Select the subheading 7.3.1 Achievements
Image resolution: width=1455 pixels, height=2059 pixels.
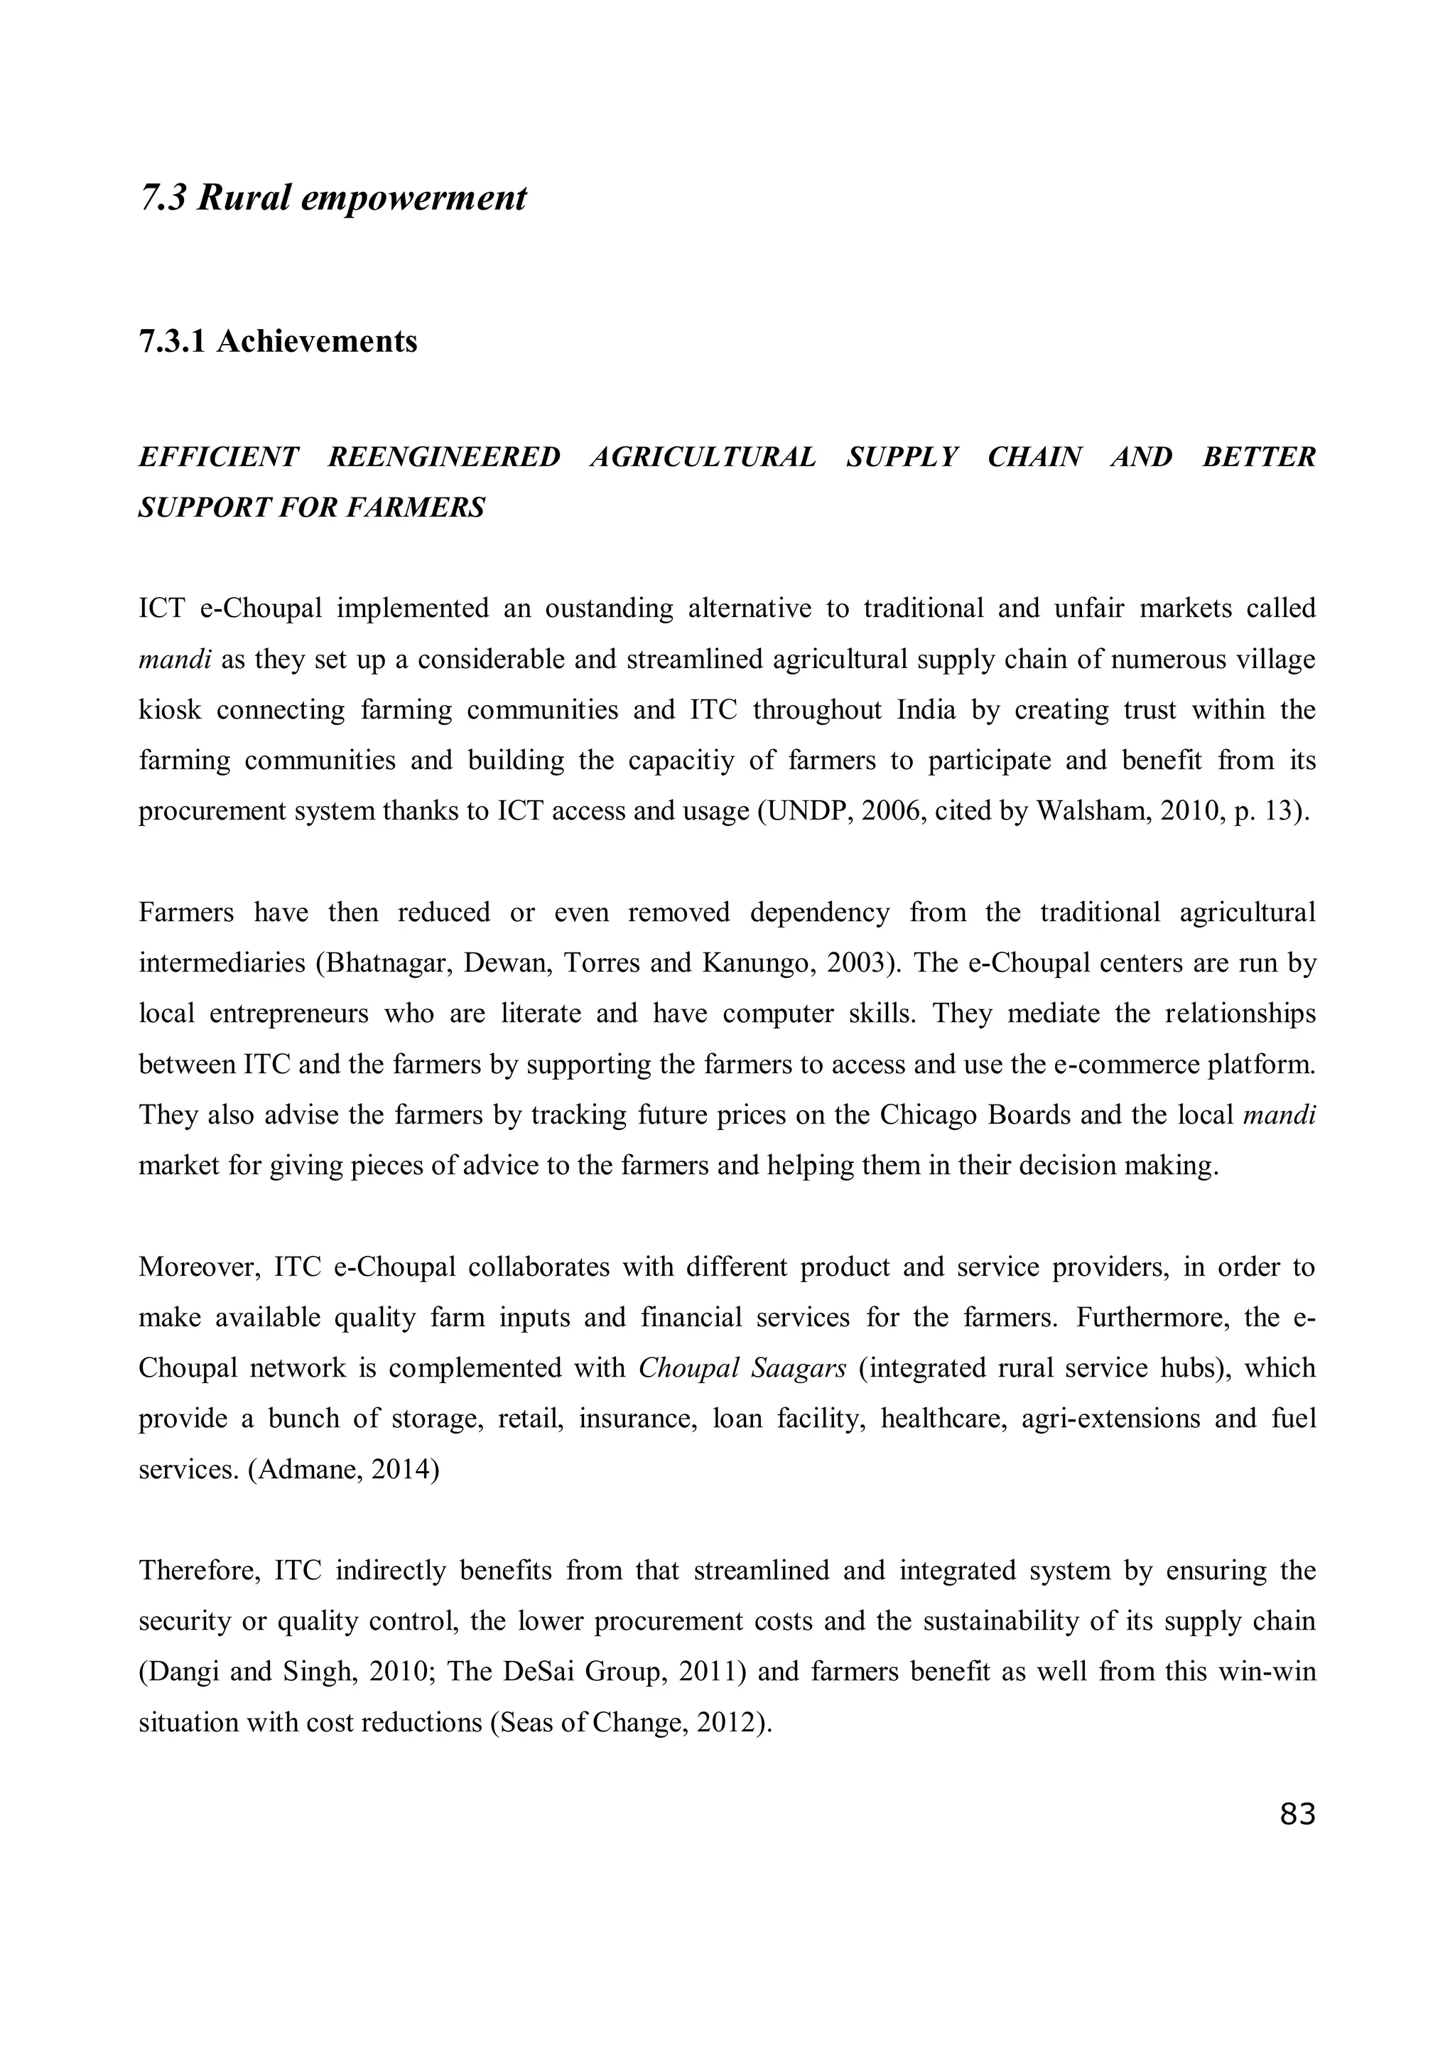coord(278,342)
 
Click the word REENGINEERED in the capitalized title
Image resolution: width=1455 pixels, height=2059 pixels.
coord(444,457)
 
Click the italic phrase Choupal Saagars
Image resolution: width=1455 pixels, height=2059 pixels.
coord(742,1367)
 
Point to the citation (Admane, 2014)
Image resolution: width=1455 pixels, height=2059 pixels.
coord(343,1469)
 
